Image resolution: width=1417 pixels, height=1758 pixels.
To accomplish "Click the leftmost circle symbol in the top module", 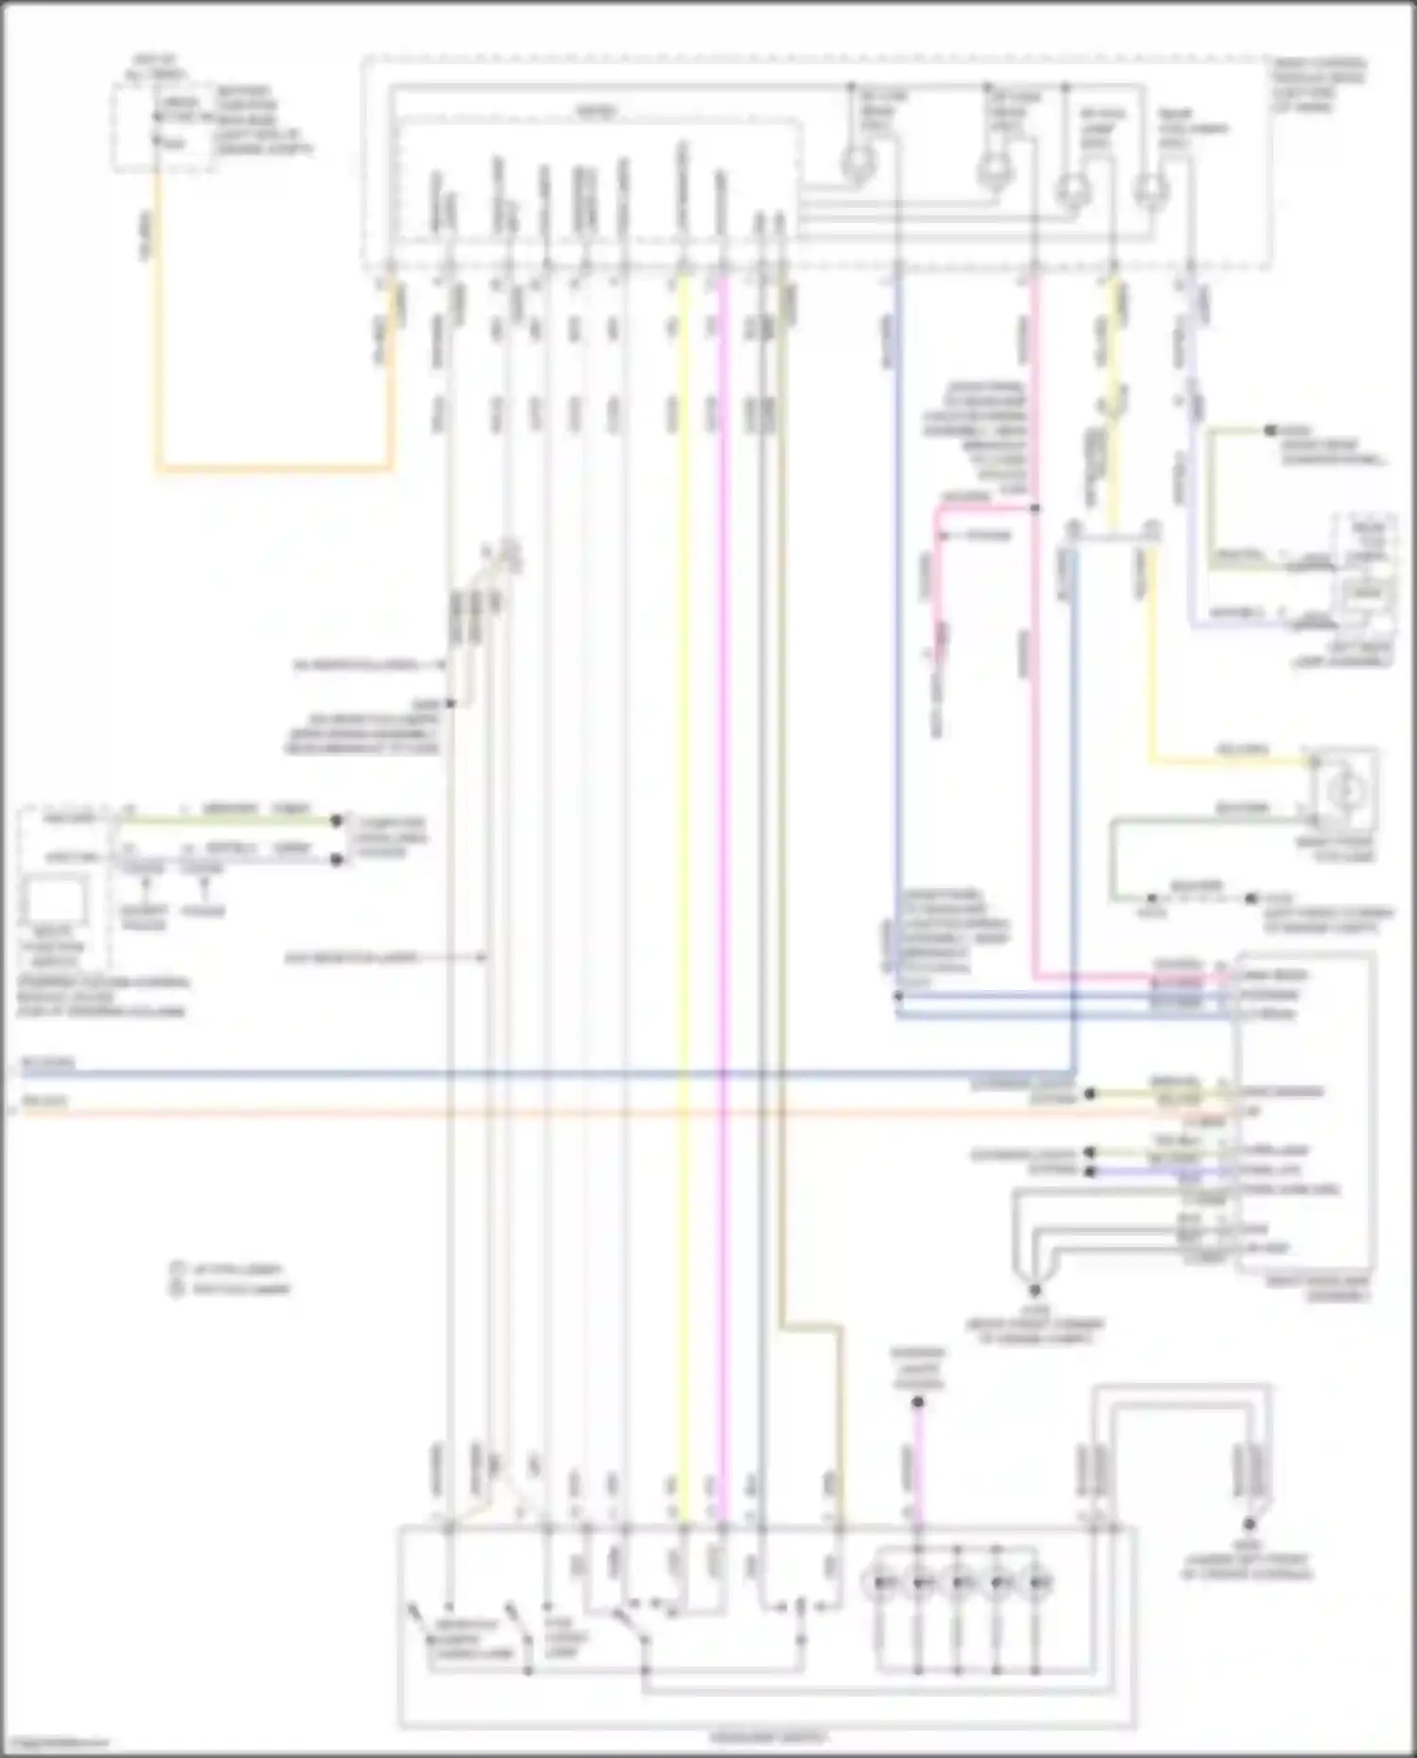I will (x=858, y=164).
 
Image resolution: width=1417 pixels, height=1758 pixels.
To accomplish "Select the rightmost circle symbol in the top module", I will (x=1150, y=188).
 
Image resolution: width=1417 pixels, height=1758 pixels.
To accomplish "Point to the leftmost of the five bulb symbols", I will (x=880, y=1581).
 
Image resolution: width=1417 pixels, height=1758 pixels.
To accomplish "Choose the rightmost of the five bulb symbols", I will (x=1038, y=1581).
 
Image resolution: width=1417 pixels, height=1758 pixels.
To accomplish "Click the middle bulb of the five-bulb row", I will (x=959, y=1581).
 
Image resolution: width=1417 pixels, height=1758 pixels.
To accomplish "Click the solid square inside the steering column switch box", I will (x=56, y=896).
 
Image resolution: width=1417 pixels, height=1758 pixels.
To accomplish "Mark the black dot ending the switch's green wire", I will (x=336, y=821).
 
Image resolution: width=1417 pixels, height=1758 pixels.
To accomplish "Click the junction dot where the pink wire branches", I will (x=1035, y=508).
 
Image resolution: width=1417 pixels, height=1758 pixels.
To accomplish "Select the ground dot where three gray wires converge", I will (x=1035, y=1289).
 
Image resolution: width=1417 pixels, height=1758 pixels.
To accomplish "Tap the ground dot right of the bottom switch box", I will (x=1249, y=1525).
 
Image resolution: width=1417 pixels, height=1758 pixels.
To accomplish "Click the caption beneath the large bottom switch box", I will (x=767, y=1736).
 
